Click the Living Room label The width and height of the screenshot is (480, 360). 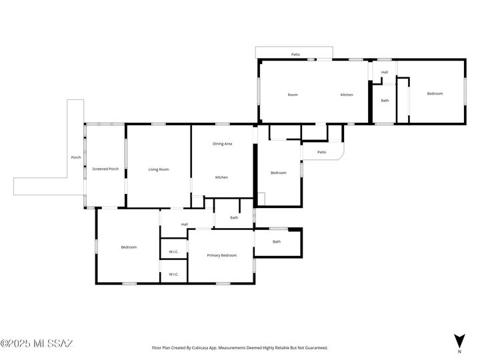(159, 169)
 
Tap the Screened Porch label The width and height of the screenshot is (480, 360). (105, 169)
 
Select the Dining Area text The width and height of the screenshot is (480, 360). (222, 144)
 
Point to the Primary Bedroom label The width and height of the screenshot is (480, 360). (221, 255)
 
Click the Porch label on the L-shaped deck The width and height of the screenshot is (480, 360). (76, 157)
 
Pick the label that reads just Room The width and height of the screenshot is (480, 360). (293, 95)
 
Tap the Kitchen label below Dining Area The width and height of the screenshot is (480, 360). (221, 177)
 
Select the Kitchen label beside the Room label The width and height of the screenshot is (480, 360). (347, 95)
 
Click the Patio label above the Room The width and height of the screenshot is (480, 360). (295, 54)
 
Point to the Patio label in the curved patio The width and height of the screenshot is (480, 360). (321, 152)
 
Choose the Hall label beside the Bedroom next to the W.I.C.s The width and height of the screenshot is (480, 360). (184, 224)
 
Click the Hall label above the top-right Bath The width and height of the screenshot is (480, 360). (385, 72)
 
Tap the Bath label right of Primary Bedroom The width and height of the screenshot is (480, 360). (277, 241)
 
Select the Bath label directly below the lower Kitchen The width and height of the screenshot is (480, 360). (234, 217)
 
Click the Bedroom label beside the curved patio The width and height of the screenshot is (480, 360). (278, 173)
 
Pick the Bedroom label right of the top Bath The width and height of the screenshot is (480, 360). (435, 93)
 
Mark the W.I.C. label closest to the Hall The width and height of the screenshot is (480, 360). (173, 251)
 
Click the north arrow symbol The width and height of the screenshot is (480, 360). (459, 340)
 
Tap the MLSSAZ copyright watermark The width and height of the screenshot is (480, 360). (37, 344)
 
